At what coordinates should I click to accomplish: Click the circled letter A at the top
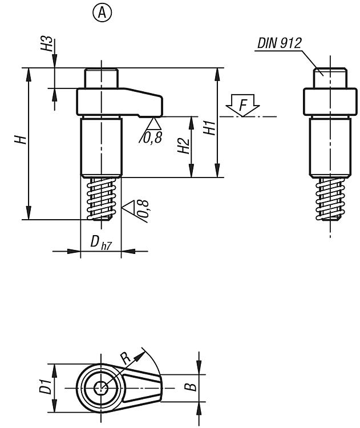point(102,13)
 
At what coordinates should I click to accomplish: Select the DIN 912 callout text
point(279,43)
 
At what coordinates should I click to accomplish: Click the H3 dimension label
point(46,43)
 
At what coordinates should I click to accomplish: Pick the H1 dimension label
point(210,128)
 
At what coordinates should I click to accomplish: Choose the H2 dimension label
point(183,146)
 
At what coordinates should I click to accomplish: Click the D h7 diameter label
point(101,243)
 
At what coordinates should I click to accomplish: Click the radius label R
point(126,358)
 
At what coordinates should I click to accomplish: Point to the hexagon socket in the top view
point(102,387)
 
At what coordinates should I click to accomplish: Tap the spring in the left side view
point(101,199)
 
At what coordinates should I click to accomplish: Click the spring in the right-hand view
point(330,199)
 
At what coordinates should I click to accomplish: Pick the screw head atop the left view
point(101,78)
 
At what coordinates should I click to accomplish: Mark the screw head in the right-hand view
point(330,78)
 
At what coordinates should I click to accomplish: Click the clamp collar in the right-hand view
point(330,102)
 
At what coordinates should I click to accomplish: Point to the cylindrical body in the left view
point(101,147)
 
